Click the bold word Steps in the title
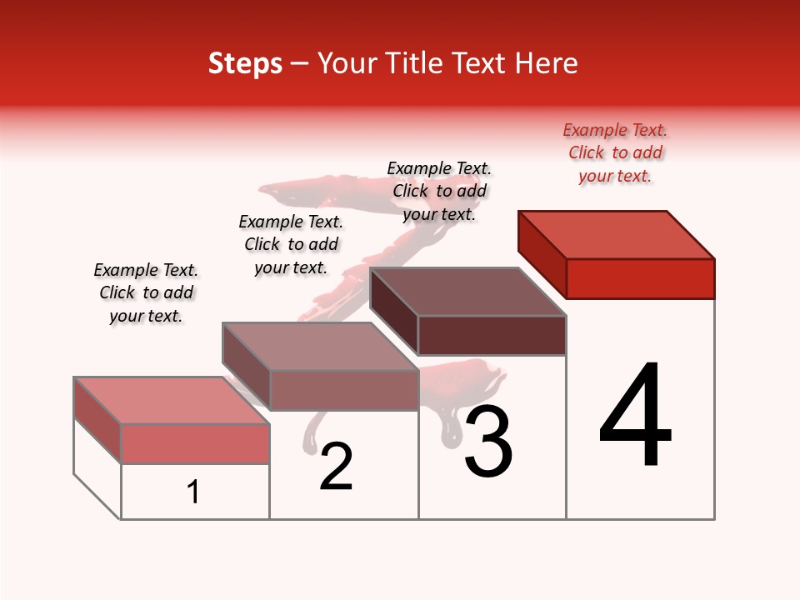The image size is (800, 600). pyautogui.click(x=245, y=63)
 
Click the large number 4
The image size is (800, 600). pyautogui.click(x=635, y=416)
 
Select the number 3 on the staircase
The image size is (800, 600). pyautogui.click(x=488, y=442)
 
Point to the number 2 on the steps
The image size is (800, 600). pyautogui.click(x=337, y=467)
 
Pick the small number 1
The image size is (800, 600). pyautogui.click(x=193, y=492)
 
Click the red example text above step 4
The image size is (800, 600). pyautogui.click(x=615, y=152)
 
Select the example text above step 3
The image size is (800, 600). pyautogui.click(x=439, y=191)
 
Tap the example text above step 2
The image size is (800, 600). pyautogui.click(x=291, y=244)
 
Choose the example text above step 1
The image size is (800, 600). pyautogui.click(x=146, y=292)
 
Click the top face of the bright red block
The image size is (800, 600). pyautogui.click(x=617, y=234)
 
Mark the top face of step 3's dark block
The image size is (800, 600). pyautogui.click(x=468, y=292)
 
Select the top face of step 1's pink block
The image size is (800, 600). pyautogui.click(x=172, y=400)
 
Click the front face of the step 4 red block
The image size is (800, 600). pyautogui.click(x=640, y=278)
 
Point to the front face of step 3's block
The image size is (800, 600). pyautogui.click(x=492, y=335)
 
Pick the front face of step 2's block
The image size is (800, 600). pyautogui.click(x=343, y=390)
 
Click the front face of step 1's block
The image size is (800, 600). pyautogui.click(x=195, y=443)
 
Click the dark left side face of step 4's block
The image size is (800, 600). pyautogui.click(x=542, y=253)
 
